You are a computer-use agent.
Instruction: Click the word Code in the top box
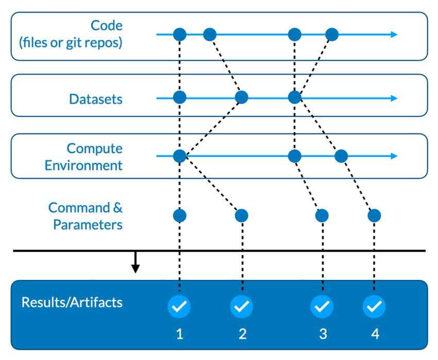[107, 25]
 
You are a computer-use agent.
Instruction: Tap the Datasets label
[95, 99]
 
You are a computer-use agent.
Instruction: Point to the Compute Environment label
[84, 157]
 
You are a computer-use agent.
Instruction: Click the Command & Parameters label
[86, 216]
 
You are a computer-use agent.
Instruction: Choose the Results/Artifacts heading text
[72, 302]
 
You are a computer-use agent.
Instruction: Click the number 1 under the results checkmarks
[179, 334]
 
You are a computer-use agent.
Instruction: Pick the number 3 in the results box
[323, 334]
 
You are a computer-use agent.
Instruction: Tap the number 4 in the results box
[375, 334]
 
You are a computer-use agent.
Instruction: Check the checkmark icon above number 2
[241, 307]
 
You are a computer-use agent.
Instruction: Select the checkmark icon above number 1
[179, 307]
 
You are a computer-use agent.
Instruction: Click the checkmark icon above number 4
[374, 307]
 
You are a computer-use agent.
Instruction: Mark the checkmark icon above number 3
[322, 307]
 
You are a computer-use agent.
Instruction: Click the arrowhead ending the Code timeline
[394, 35]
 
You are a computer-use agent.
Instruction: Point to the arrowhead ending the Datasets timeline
[394, 97]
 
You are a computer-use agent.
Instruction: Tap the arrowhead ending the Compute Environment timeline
[394, 156]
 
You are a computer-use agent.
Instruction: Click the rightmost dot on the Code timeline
[332, 35]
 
